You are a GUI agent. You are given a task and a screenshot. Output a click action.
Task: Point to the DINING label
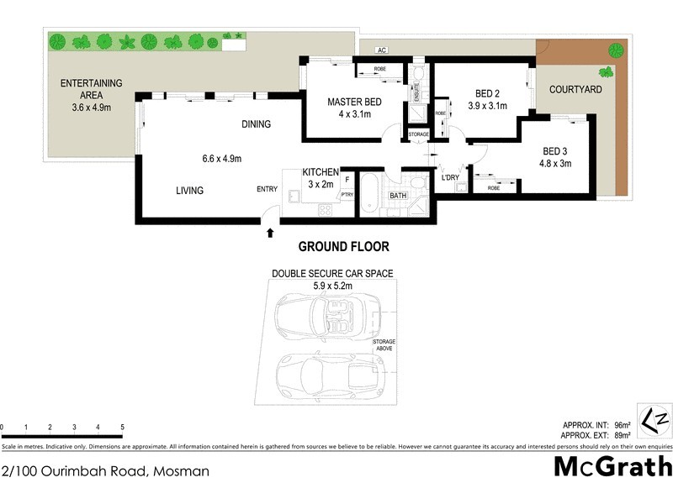pyautogui.click(x=257, y=124)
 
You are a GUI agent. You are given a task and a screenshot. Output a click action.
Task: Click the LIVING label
pyautogui.click(x=189, y=191)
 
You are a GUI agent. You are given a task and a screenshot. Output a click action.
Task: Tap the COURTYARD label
pyautogui.click(x=575, y=89)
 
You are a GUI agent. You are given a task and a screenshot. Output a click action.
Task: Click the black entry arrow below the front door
pyautogui.click(x=270, y=232)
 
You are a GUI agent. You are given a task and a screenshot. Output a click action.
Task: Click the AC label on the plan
pyautogui.click(x=381, y=50)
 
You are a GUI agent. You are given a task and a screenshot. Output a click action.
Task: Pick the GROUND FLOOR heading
pyautogui.click(x=344, y=247)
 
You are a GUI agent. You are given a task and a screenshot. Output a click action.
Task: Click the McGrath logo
pyautogui.click(x=612, y=466)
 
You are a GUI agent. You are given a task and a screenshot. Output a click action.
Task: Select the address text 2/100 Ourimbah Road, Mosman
pyautogui.click(x=105, y=471)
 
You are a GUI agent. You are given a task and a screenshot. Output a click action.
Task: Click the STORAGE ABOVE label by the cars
pyautogui.click(x=384, y=344)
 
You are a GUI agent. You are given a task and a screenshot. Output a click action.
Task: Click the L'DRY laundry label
pyautogui.click(x=451, y=177)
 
